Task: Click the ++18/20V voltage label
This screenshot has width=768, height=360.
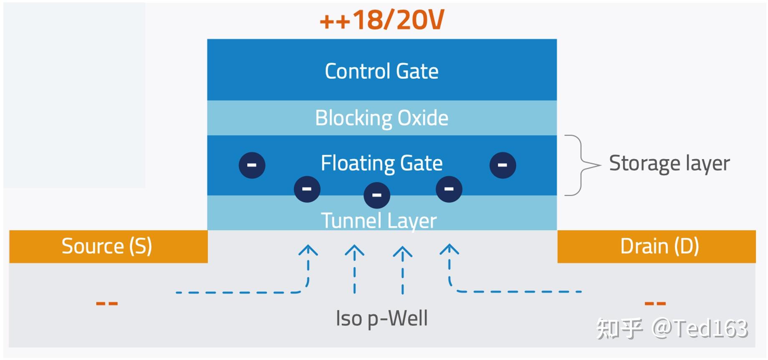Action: pyautogui.click(x=382, y=20)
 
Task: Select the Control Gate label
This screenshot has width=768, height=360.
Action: pyautogui.click(x=382, y=71)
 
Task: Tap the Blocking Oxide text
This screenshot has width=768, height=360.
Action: pyautogui.click(x=382, y=118)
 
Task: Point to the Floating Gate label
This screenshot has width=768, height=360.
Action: pyautogui.click(x=382, y=163)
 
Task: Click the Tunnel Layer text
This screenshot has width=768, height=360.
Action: pyautogui.click(x=379, y=221)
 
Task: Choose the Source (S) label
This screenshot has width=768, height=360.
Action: pyautogui.click(x=107, y=246)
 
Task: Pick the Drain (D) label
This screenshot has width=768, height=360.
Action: pyautogui.click(x=659, y=246)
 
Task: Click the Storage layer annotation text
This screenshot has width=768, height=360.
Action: pyautogui.click(x=669, y=163)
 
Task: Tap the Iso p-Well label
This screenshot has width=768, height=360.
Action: pyautogui.click(x=382, y=319)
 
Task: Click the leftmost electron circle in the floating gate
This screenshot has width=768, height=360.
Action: pyautogui.click(x=252, y=165)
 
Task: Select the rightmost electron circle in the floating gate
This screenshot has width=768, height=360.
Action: pyautogui.click(x=503, y=165)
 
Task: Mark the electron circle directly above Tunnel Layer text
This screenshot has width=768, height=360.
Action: pyautogui.click(x=377, y=195)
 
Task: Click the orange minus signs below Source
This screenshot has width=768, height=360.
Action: pyautogui.click(x=107, y=304)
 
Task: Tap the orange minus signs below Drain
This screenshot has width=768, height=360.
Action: pyautogui.click(x=655, y=304)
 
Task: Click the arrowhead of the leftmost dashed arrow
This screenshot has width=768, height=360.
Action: pyautogui.click(x=308, y=250)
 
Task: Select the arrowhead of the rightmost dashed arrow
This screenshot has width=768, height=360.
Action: pyautogui.click(x=450, y=249)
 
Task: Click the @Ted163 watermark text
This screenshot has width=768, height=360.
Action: pyautogui.click(x=700, y=329)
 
